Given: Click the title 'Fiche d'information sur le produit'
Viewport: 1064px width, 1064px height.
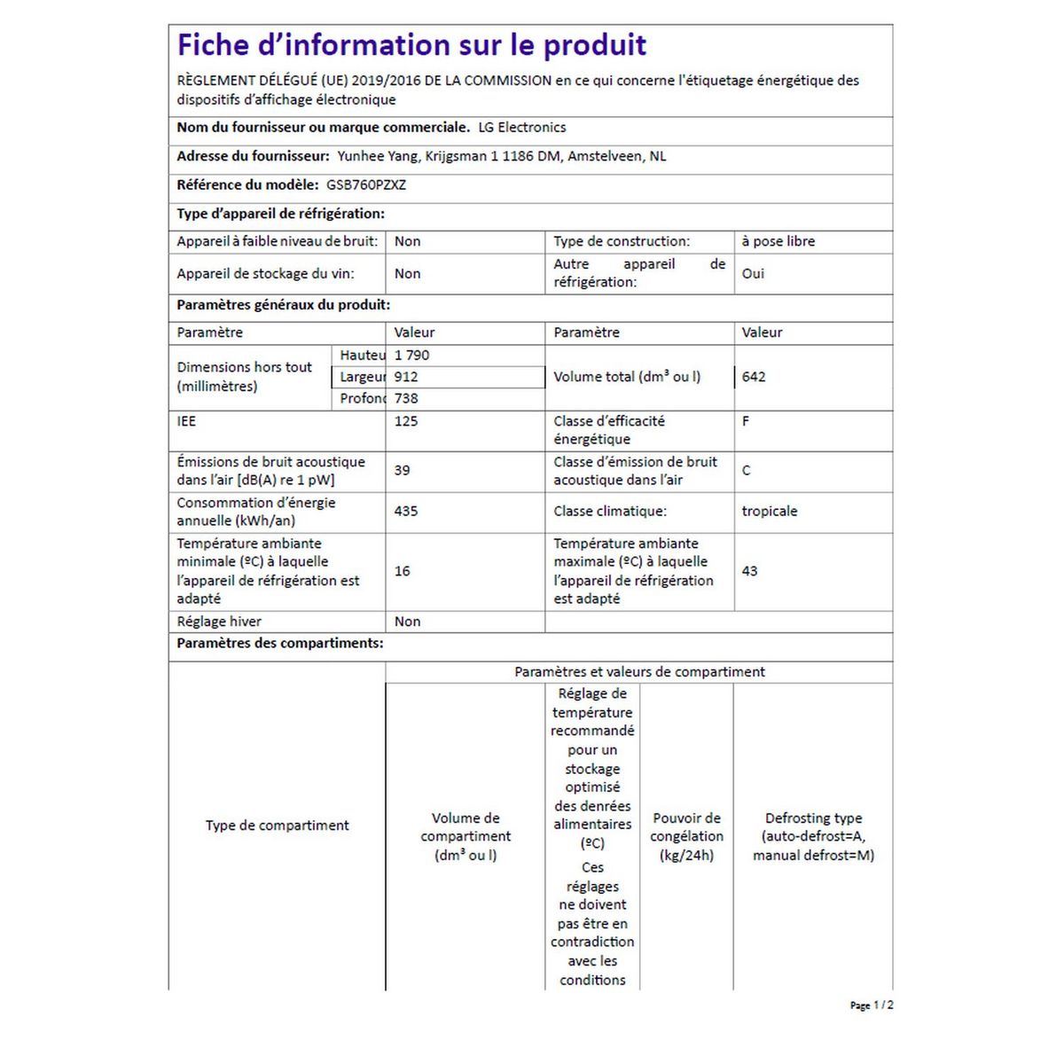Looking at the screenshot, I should pos(411,44).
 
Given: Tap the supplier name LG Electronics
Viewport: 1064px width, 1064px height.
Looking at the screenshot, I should pos(521,127).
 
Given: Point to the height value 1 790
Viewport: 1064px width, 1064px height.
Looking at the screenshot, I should pos(411,355).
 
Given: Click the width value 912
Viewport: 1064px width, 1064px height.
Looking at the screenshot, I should pos(406,377).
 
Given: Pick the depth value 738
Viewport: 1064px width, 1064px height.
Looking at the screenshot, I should pos(406,398).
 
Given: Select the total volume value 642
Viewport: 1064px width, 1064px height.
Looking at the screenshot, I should pos(754,377).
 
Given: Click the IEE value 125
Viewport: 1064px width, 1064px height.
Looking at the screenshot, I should pos(406,421).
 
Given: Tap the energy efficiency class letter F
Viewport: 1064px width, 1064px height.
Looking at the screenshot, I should pos(746,421).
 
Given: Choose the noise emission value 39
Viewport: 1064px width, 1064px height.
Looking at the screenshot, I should pos(403,470).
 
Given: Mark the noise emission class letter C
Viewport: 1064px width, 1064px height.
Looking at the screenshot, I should pos(746,470).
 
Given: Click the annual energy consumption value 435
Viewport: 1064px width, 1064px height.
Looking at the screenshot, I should pos(406,511).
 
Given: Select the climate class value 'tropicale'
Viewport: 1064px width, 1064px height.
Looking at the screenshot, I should pos(770,511).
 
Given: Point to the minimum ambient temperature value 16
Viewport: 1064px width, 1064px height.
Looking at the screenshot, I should pos(403,571).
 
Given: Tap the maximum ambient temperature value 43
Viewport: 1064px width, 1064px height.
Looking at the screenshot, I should pos(749,571).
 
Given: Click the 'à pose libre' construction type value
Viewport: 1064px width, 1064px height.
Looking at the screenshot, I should pos(778,241).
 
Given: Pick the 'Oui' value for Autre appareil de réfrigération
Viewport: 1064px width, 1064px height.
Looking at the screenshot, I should pos(753,273).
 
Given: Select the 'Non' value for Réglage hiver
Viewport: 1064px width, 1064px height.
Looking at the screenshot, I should pos(408,622).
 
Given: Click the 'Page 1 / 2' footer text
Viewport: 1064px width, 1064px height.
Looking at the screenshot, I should pos(872,1005).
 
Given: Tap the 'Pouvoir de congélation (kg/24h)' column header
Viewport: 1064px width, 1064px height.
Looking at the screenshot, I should pos(686,836).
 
